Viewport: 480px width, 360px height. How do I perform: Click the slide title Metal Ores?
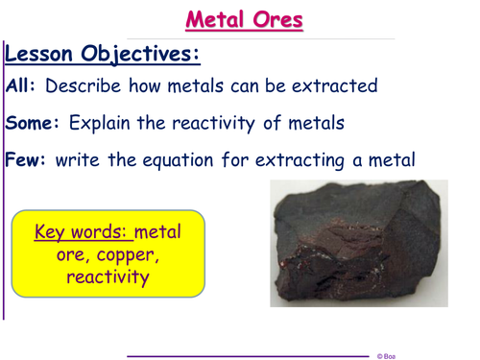pyautogui.click(x=243, y=19)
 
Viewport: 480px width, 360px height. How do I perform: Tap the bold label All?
pyautogui.click(x=21, y=86)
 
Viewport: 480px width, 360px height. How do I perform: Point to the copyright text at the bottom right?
pyautogui.click(x=385, y=355)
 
